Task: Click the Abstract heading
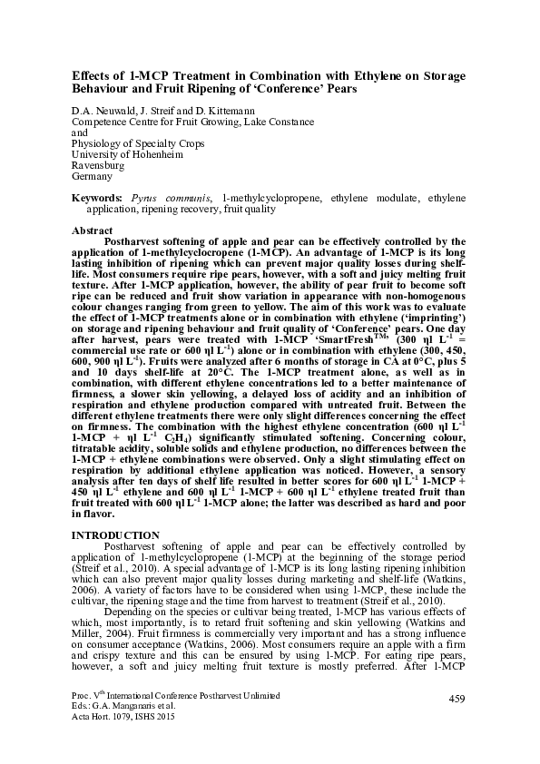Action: click(92, 231)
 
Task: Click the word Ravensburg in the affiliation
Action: click(97, 165)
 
